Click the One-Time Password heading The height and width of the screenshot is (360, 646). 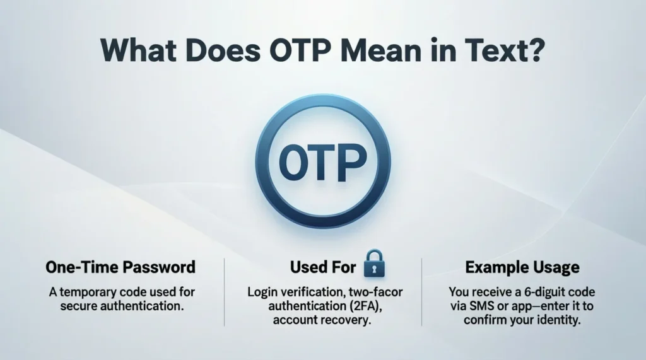120,267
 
